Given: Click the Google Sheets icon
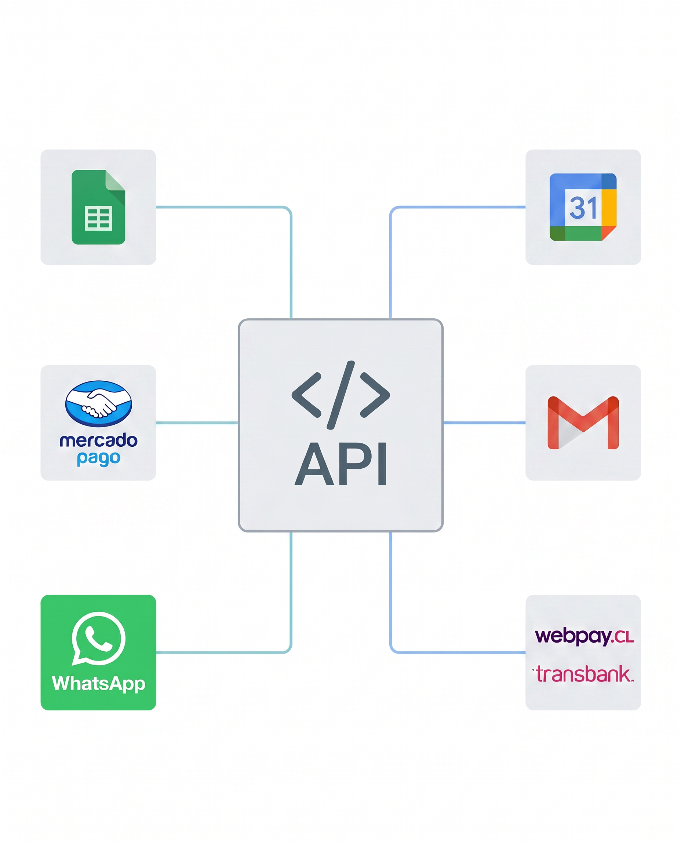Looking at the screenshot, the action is [98, 207].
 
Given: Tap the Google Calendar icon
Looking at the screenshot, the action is [583, 207].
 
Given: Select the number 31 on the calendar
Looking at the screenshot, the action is [583, 208].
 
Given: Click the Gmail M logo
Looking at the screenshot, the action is [583, 423].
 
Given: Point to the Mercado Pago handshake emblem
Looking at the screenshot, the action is [98, 403].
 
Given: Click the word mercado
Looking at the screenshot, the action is [98, 440].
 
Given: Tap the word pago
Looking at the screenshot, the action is [98, 458].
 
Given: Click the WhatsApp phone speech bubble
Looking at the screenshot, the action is [98, 639].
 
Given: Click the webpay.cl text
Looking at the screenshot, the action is [584, 636].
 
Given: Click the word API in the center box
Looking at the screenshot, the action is [340, 464].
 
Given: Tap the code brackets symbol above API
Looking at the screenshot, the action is [340, 395].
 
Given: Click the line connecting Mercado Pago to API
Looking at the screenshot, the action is [197, 423].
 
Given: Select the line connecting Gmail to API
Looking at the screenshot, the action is [484, 423].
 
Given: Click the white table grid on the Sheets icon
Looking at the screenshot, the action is [98, 219].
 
